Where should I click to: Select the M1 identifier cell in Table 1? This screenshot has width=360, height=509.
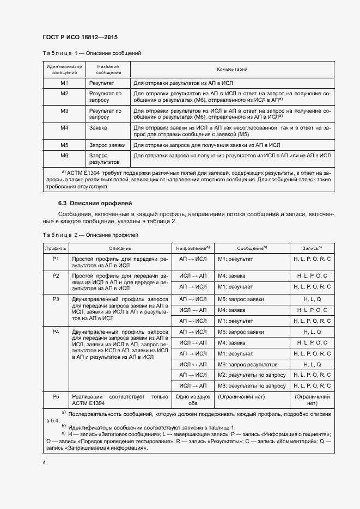(64, 83)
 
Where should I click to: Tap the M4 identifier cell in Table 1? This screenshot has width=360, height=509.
(64, 127)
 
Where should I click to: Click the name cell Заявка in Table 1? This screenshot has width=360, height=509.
(99, 127)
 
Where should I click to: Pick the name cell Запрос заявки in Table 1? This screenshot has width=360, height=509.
(108, 145)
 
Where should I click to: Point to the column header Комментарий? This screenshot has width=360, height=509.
(232, 70)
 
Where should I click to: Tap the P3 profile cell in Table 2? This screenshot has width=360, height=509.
(56, 299)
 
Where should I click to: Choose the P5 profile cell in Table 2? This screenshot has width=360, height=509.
(56, 396)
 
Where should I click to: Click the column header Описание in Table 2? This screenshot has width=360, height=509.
(119, 248)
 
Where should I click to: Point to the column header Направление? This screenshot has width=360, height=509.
(193, 248)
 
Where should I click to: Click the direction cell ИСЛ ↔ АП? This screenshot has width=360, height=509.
(193, 364)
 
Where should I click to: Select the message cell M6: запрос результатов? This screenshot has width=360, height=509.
(247, 364)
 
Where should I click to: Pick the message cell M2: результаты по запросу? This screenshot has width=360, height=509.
(251, 375)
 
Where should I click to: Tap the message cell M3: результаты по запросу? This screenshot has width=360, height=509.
(251, 386)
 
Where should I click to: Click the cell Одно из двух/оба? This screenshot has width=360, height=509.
(193, 400)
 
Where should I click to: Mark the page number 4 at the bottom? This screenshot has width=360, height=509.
(44, 462)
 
